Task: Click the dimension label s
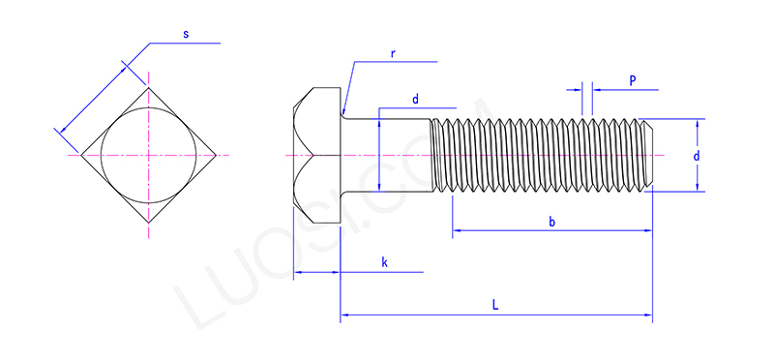[186, 35]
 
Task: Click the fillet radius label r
[393, 54]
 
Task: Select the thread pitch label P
[633, 81]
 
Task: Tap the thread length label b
[551, 222]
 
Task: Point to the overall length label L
[495, 305]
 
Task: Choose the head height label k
[384, 262]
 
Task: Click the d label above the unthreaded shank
[416, 100]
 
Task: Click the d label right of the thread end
[696, 156]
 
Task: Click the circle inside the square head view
[149, 107]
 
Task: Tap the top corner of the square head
[149, 88]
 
